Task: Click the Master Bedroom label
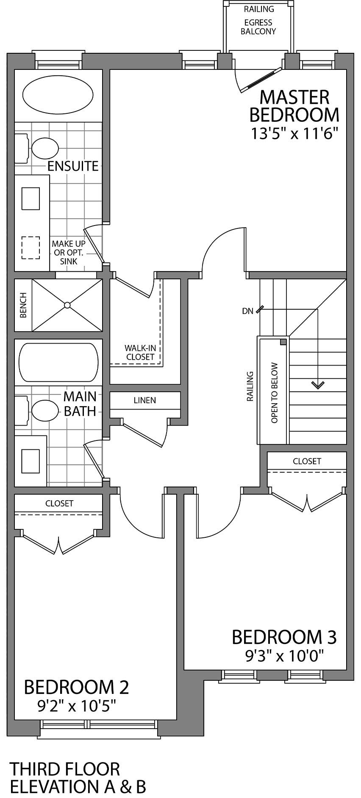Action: tap(294, 106)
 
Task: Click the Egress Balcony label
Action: tap(258, 27)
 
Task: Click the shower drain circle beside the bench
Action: tap(67, 305)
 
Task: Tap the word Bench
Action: tap(23, 305)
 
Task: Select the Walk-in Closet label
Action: tap(140, 352)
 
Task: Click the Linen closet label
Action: tap(144, 400)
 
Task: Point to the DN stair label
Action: tap(247, 311)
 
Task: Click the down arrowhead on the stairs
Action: tap(318, 385)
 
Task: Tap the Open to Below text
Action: tap(274, 392)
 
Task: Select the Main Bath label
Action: tap(80, 403)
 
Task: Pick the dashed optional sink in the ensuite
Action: tap(31, 248)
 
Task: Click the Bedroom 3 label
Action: tap(284, 637)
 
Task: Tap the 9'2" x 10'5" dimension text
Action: tap(77, 706)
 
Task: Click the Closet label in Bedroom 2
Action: tap(59, 503)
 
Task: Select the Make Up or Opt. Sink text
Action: tap(68, 253)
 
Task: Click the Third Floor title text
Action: tap(64, 768)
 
